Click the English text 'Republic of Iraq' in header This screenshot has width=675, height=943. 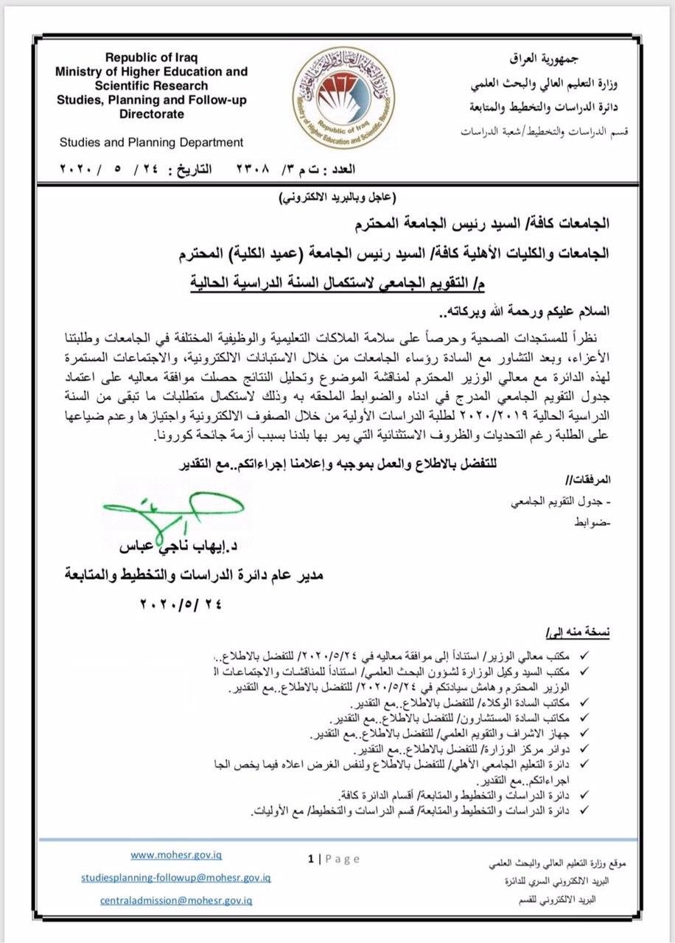(x=155, y=58)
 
